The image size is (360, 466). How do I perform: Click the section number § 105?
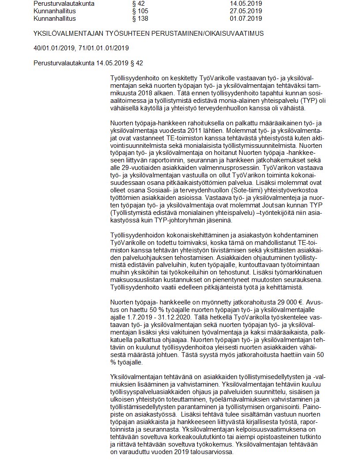coord(140,11)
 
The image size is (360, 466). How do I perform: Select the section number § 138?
coord(140,19)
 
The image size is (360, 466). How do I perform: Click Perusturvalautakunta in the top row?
coord(64,4)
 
